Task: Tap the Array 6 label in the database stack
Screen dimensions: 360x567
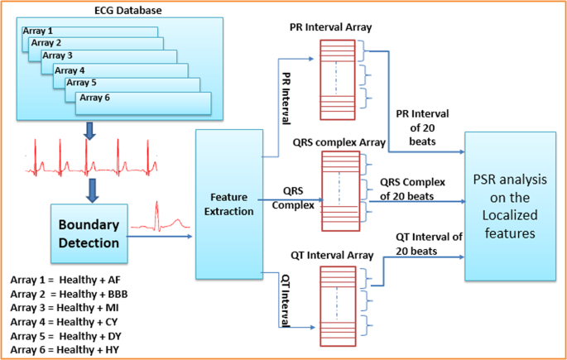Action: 93,97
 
